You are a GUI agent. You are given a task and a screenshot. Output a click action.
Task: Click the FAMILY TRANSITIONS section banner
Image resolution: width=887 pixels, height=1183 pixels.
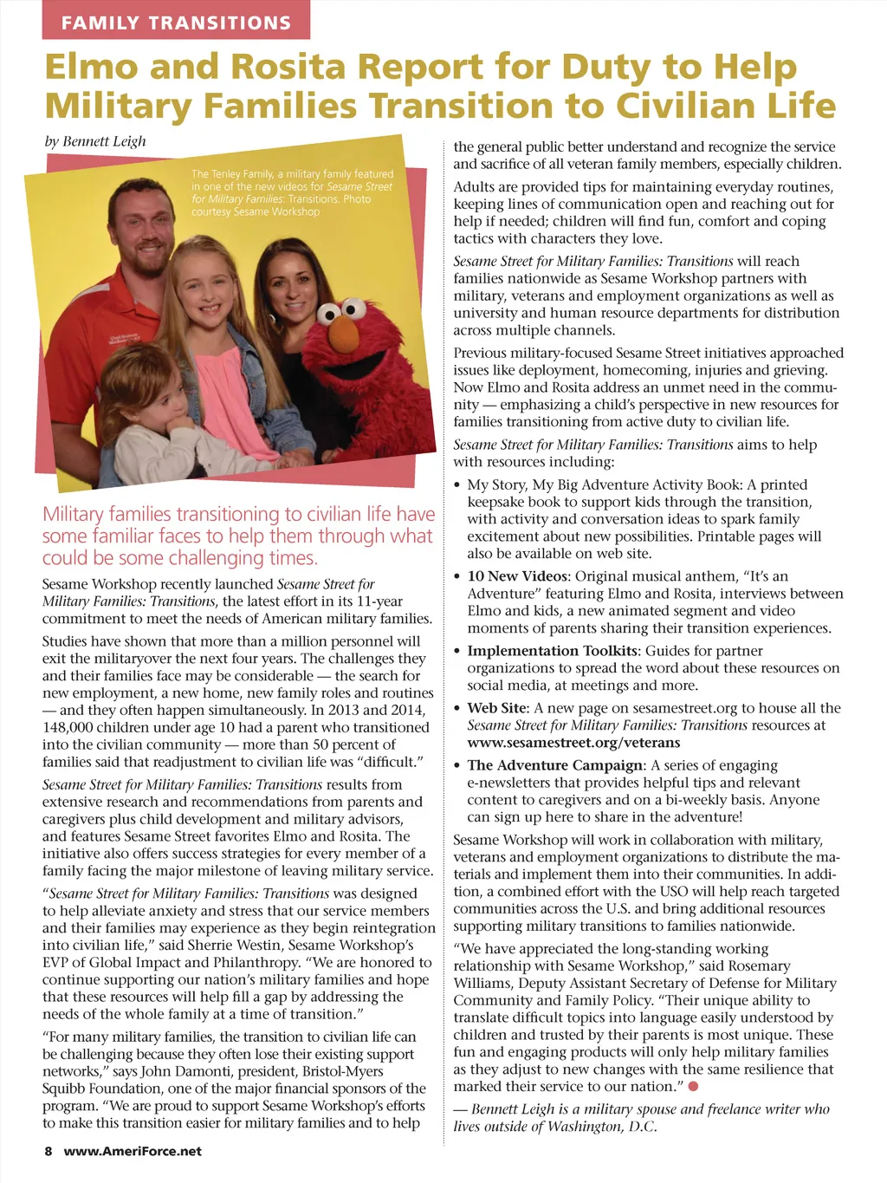pos(176,23)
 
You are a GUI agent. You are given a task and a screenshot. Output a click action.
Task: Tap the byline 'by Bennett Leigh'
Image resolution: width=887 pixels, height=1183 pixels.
pos(95,141)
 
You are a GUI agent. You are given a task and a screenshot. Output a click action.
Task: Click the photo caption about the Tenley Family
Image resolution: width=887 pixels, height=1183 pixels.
pos(291,192)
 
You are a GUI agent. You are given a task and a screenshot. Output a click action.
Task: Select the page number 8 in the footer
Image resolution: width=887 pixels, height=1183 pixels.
pos(49,1151)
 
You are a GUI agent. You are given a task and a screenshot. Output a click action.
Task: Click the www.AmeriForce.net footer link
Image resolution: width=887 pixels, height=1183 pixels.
pos(133,1151)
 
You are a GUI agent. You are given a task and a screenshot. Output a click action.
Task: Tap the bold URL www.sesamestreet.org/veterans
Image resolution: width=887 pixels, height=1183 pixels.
pos(573,743)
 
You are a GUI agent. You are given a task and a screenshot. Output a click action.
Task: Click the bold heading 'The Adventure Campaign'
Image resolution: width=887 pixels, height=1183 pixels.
pos(555,765)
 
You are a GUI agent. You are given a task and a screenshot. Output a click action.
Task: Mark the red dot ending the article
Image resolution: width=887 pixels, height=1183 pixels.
pos(694,1086)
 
